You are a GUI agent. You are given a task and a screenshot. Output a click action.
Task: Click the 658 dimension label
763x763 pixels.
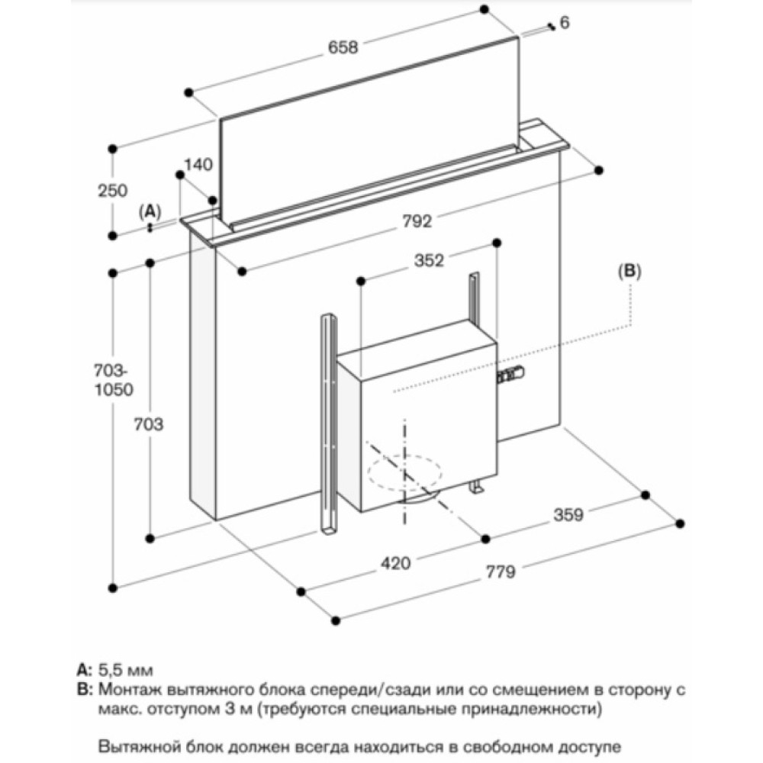pyautogui.click(x=343, y=47)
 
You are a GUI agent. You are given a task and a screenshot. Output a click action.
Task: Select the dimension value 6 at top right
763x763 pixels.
pyautogui.click(x=565, y=24)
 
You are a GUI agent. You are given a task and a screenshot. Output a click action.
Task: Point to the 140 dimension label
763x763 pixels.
pyautogui.click(x=198, y=164)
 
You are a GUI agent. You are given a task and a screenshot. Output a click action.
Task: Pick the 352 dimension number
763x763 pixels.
pyautogui.click(x=429, y=261)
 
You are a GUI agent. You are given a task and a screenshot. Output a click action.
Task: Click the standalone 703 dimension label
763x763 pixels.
pyautogui.click(x=150, y=424)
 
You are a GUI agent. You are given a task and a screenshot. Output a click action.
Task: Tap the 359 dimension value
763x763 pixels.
pyautogui.click(x=568, y=515)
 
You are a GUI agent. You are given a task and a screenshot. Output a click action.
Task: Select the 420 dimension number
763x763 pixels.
pyautogui.click(x=396, y=563)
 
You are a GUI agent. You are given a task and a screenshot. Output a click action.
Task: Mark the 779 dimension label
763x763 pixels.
pyautogui.click(x=501, y=571)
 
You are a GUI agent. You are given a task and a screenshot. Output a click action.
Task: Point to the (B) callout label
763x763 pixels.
pyautogui.click(x=630, y=269)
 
